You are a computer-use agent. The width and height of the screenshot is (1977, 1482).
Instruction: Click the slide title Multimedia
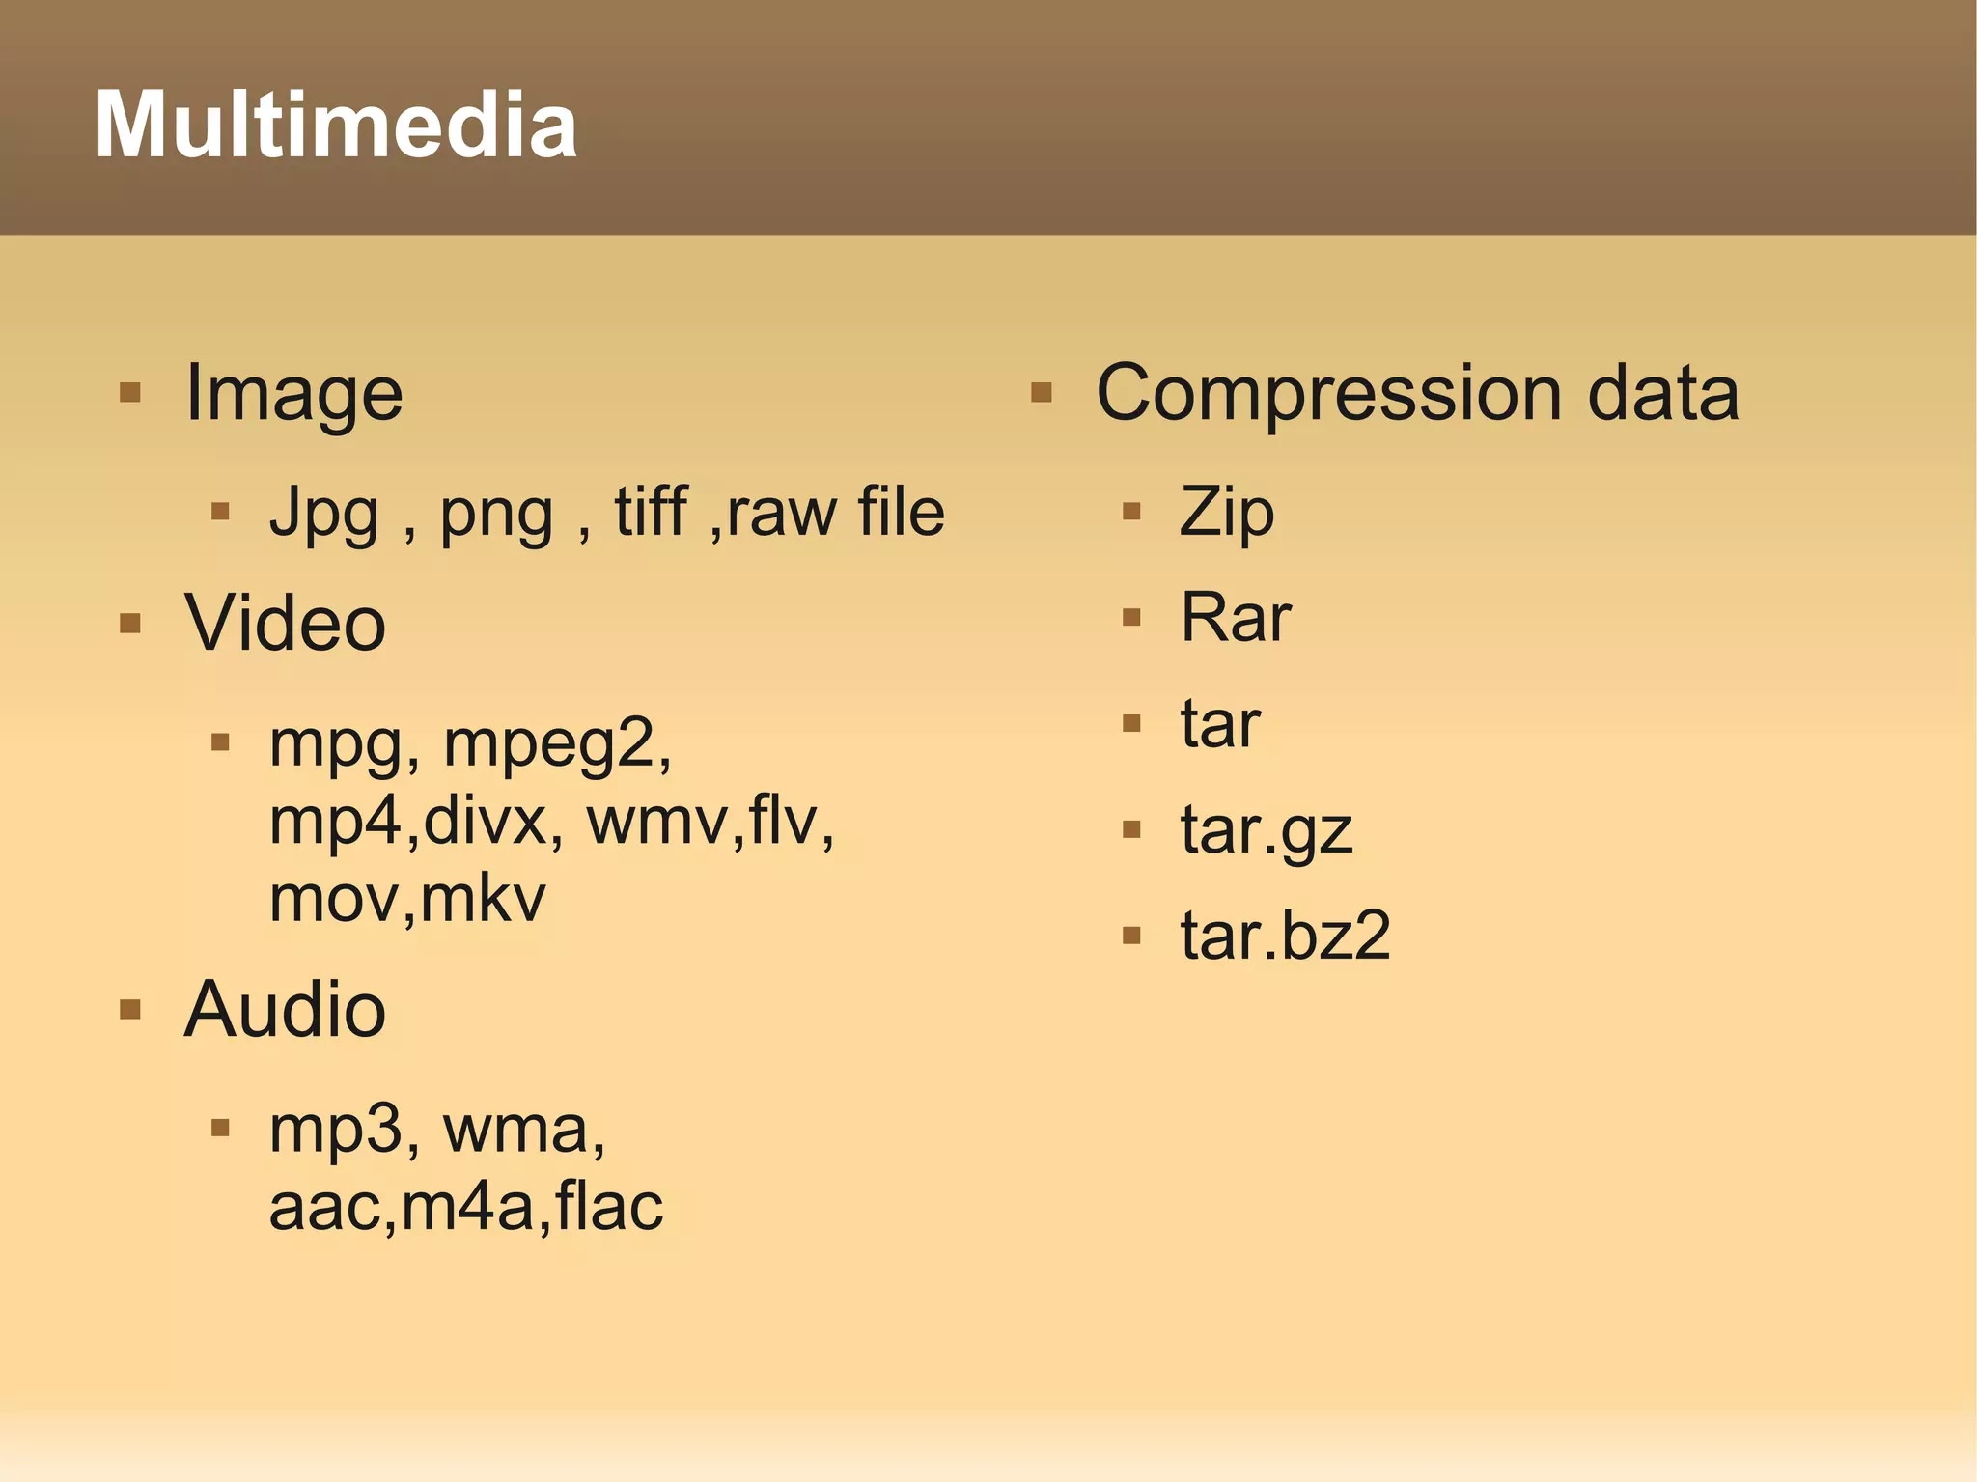[x=336, y=125]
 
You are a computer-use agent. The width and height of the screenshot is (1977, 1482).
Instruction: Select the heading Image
[x=293, y=394]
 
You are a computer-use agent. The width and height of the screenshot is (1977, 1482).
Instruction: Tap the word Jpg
[x=323, y=513]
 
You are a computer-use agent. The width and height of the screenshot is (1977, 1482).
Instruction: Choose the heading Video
[x=285, y=623]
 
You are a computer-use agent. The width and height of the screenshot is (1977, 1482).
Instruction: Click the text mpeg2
[x=557, y=744]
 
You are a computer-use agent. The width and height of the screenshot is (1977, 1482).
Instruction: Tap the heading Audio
[x=285, y=1010]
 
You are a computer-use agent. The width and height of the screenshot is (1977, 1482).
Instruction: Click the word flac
[x=609, y=1207]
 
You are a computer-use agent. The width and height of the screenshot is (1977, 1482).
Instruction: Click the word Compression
[x=1329, y=394]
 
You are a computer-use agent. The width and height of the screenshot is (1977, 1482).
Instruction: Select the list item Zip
[x=1226, y=513]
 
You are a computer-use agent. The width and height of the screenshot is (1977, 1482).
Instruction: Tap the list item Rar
[x=1236, y=617]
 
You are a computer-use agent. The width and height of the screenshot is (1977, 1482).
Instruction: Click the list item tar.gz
[x=1267, y=830]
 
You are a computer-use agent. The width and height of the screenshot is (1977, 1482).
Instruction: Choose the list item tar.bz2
[x=1285, y=936]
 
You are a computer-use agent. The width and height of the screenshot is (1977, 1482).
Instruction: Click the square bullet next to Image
[x=130, y=393]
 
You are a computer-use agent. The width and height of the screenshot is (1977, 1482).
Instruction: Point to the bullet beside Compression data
[x=1041, y=393]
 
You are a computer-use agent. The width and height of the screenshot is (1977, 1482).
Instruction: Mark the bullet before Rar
[x=1131, y=617]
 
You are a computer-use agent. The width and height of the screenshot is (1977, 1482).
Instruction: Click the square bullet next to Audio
[x=130, y=1010]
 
